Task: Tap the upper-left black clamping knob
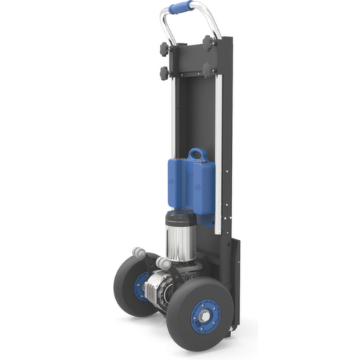165,49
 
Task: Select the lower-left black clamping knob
165,73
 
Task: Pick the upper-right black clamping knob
210,42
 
